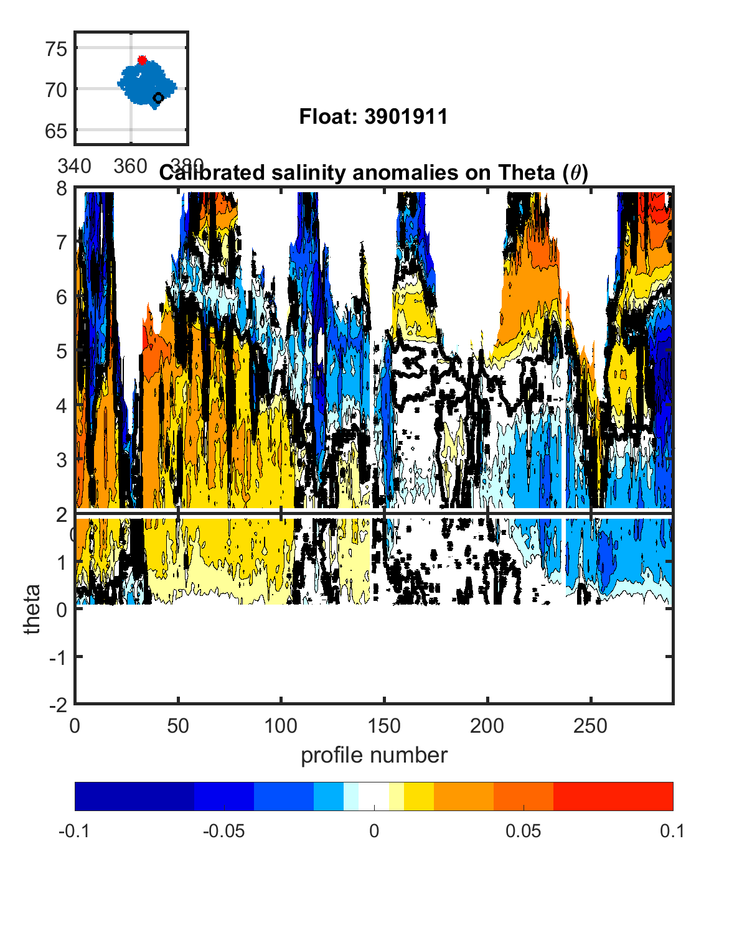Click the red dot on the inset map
142,60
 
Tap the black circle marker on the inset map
158,98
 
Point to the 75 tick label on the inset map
56,49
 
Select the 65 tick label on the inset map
56,131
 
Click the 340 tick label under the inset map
74,166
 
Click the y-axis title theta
32,609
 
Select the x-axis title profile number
374,755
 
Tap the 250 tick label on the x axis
590,725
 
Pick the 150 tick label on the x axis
384,725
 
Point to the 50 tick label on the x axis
178,725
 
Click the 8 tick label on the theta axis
62,188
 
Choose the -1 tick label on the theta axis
59,657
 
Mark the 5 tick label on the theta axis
62,351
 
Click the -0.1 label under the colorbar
74,831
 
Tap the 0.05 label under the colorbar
523,831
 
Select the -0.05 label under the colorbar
223,831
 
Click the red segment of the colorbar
613,796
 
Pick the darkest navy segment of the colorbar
134,796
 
